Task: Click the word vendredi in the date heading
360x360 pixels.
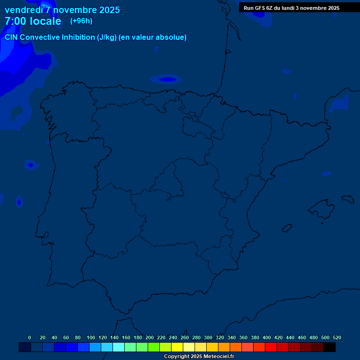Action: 24,10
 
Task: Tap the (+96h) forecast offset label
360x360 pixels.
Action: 81,21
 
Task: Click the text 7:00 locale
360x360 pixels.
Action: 33,21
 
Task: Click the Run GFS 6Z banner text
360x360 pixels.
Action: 291,8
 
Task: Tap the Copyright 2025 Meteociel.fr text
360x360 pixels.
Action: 199,356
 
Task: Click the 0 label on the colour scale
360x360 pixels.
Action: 30,337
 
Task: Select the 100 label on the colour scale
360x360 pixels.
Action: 91,337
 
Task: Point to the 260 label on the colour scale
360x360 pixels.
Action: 185,337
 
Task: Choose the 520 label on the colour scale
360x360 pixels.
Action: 337,337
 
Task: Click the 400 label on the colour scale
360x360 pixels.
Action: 266,337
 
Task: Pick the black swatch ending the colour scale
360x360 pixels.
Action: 330,347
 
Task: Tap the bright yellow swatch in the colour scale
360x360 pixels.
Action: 177,347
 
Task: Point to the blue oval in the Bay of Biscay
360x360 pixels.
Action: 166,79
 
